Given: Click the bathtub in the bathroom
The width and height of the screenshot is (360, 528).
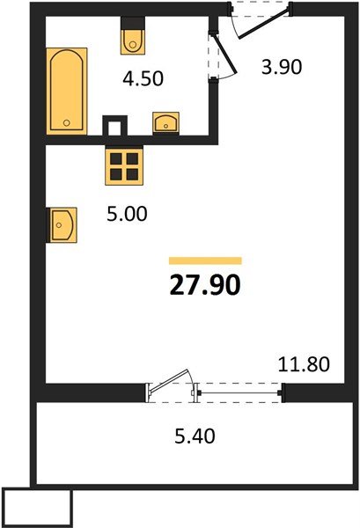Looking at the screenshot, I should [x=67, y=90].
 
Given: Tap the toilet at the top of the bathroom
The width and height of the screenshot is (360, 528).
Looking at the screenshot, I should [x=132, y=35].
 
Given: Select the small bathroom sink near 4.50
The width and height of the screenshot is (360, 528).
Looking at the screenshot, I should [x=165, y=121].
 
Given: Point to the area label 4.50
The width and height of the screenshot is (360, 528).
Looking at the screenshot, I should [x=143, y=80].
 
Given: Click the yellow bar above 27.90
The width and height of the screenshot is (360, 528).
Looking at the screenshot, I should [x=204, y=260].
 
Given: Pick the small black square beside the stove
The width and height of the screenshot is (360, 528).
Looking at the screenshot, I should [x=112, y=126].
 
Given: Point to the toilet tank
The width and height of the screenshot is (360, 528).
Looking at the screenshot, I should [x=132, y=22].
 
